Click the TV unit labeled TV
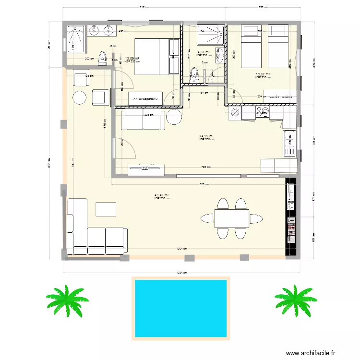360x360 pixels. (146, 168)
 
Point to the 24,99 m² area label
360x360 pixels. (206, 136)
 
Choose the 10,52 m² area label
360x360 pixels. (263, 74)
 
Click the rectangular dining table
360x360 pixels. (232, 218)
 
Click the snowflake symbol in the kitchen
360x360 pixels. (235, 113)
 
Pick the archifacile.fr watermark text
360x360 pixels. (312, 353)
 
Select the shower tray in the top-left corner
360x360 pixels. (76, 39)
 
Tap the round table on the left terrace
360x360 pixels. (80, 97)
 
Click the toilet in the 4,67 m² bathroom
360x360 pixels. (194, 73)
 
